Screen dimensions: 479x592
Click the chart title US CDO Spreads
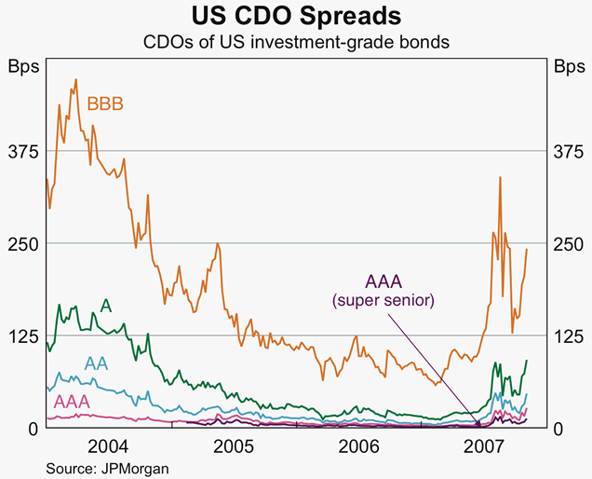pyautogui.click(x=296, y=17)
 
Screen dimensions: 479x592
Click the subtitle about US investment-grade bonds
pyautogui.click(x=296, y=43)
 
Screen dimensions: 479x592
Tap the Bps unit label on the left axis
pyautogui.click(x=21, y=67)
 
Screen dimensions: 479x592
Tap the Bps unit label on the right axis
pyautogui.click(x=569, y=67)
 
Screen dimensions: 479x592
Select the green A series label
pyautogui.click(x=106, y=307)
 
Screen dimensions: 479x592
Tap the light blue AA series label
pyautogui.click(x=96, y=363)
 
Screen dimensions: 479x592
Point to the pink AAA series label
pyautogui.click(x=72, y=402)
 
